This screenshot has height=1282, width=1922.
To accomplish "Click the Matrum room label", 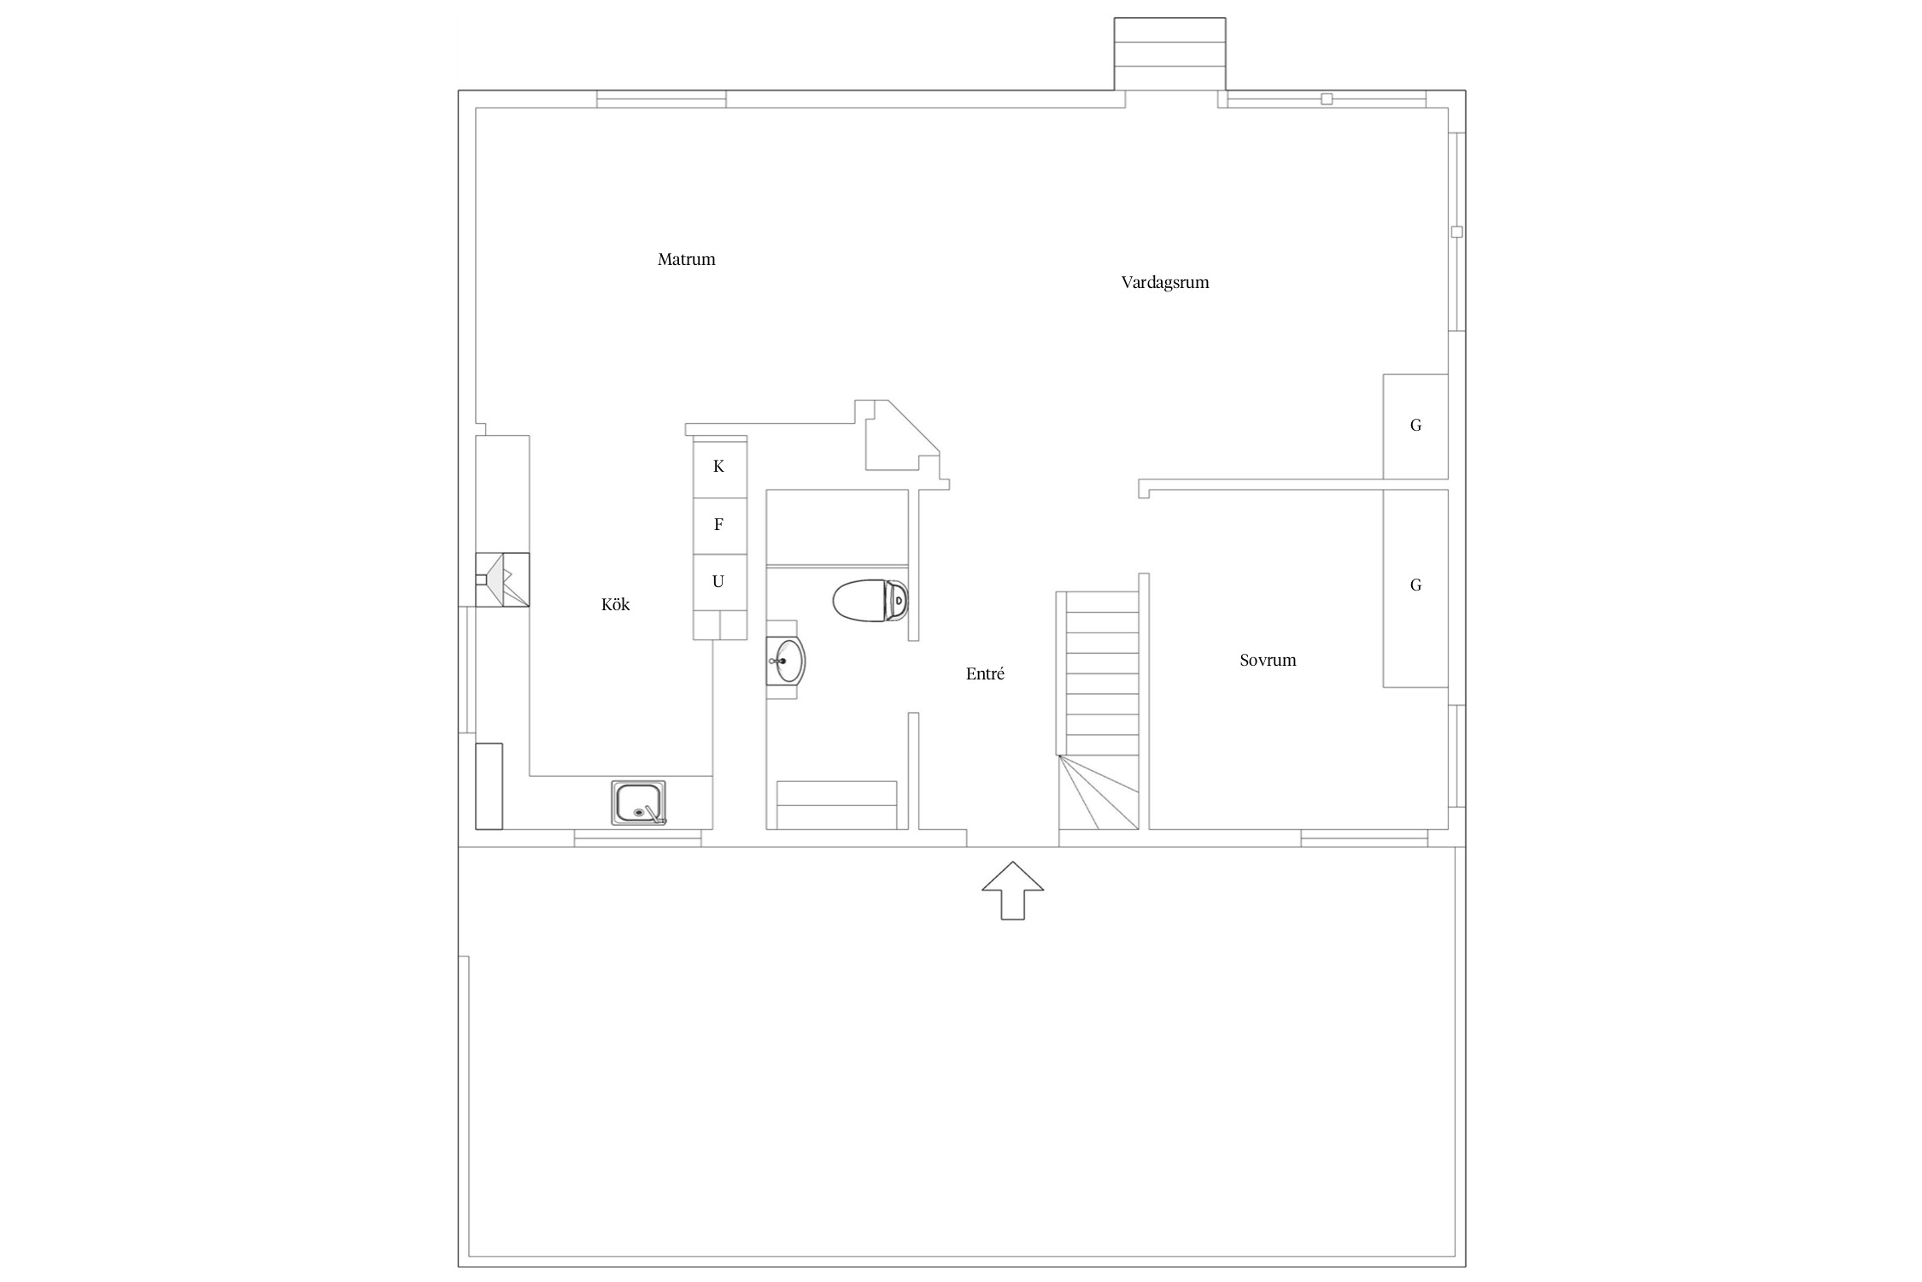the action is [x=686, y=259].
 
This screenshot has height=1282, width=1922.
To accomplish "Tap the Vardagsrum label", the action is [x=1165, y=282].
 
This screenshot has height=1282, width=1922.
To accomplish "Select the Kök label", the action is [x=615, y=604].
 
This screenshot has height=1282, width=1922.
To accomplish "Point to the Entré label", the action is [x=985, y=673].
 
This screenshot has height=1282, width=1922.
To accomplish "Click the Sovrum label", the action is [x=1268, y=660].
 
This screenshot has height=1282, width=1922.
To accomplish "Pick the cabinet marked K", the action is [x=719, y=467].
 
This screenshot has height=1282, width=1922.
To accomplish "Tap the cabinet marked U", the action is [x=719, y=582].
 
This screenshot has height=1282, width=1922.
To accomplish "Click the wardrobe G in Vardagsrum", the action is [x=1415, y=426].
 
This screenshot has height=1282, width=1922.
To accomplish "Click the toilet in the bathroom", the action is [x=870, y=601].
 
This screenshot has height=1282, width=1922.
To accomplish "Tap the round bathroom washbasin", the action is [x=785, y=661].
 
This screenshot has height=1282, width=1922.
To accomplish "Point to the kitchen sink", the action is [x=638, y=803].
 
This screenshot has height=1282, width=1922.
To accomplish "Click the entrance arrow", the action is [x=1012, y=890].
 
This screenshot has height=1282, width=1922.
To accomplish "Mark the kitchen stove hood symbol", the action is [x=502, y=579].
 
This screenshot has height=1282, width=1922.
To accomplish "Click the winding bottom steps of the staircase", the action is [x=1099, y=792].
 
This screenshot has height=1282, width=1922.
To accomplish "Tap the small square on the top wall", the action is [x=1327, y=99].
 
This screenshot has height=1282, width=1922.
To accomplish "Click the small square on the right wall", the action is [x=1457, y=232].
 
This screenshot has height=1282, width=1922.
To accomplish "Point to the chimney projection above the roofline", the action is [x=1169, y=54].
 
